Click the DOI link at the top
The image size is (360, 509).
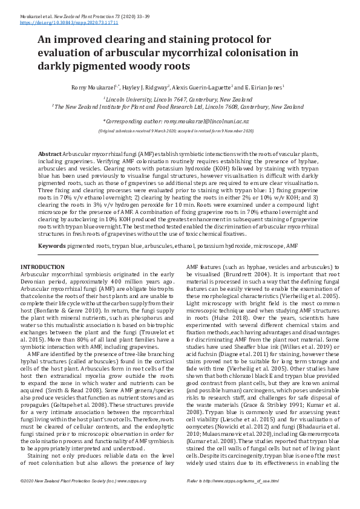[69, 22]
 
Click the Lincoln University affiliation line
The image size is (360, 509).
[178, 99]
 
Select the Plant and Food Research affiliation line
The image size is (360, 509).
[178, 106]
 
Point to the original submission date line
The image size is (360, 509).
[178, 131]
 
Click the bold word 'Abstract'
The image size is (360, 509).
[50, 155]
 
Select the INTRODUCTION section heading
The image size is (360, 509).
[42, 267]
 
